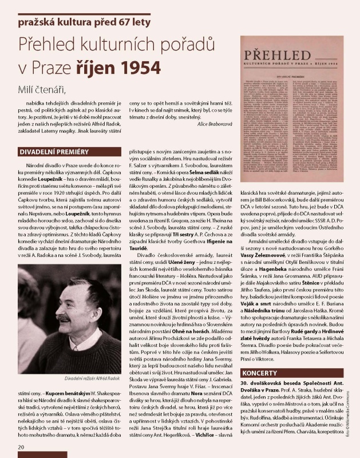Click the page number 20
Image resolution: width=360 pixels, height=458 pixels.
tap(21, 447)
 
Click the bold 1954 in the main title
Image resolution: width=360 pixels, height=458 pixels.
tap(136, 68)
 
